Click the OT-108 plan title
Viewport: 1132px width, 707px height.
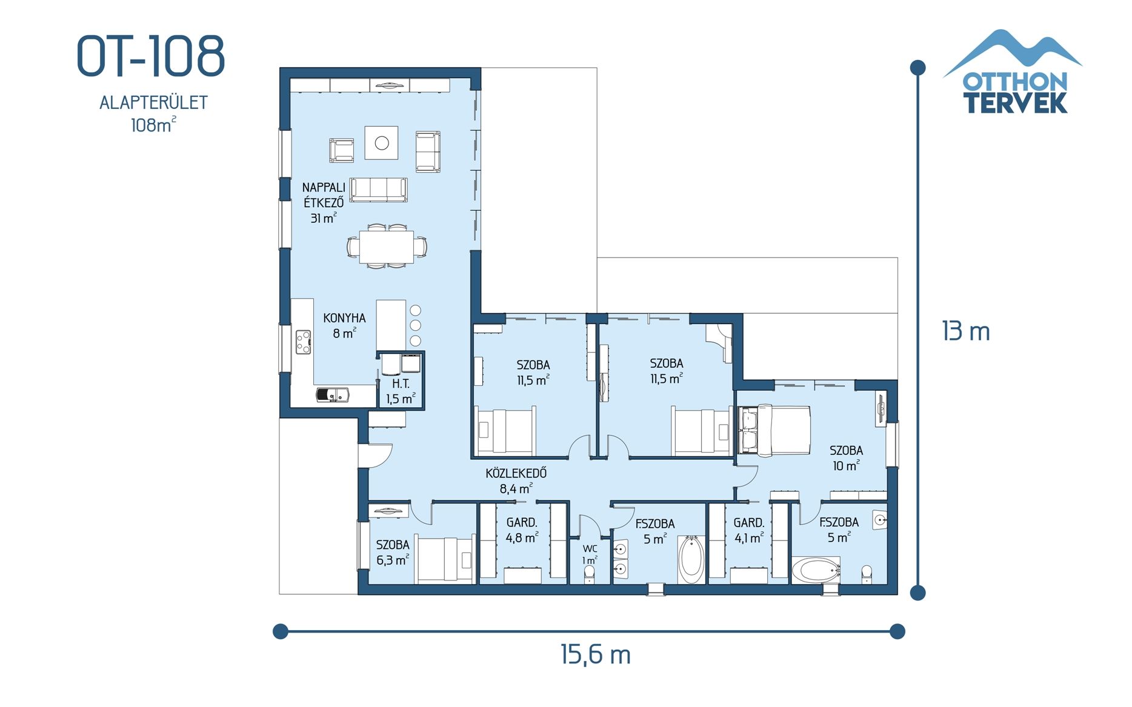coord(151,56)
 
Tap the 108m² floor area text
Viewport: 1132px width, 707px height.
coord(153,125)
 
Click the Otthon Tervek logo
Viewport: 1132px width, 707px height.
coord(1014,73)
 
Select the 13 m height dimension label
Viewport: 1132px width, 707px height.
coord(965,332)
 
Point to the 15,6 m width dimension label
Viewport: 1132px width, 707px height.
coord(595,655)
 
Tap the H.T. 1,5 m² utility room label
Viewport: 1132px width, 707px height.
coord(401,391)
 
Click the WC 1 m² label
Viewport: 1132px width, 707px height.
coord(590,554)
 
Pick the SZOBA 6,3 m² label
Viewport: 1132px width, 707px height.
coord(392,552)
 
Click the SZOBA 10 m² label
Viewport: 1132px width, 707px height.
coord(846,458)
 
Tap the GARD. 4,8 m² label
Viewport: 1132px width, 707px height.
coord(522,530)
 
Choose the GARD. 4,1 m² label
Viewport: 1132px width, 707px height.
coord(748,530)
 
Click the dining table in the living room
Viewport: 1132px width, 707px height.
coord(387,247)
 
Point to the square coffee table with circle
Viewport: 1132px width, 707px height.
coord(381,143)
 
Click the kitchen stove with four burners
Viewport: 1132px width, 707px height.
coord(303,342)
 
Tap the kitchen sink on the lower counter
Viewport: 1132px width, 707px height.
coord(333,395)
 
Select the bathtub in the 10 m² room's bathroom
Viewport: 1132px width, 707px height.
coord(815,570)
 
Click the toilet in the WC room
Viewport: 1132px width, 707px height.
coord(589,575)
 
